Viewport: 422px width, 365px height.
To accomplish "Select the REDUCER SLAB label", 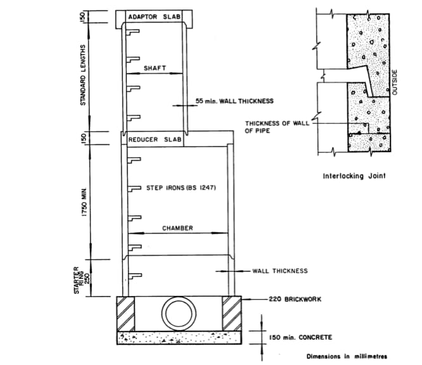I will [155, 139].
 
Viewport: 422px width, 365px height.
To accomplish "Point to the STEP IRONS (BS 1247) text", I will [176, 188].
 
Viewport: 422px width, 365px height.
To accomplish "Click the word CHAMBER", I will [177, 227].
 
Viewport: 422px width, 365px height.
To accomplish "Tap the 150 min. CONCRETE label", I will [297, 338].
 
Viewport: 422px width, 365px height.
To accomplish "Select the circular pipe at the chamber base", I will [179, 314].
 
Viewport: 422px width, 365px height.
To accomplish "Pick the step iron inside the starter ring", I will [133, 276].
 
